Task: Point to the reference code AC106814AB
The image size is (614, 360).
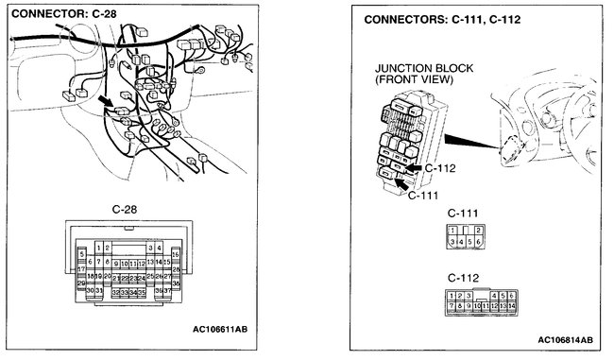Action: point(565,339)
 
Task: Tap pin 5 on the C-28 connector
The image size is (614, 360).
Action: point(82,254)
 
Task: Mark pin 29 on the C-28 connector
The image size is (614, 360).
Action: point(82,283)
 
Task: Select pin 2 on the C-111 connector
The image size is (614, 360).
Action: point(479,230)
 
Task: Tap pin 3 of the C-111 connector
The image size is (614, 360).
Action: point(453,243)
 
